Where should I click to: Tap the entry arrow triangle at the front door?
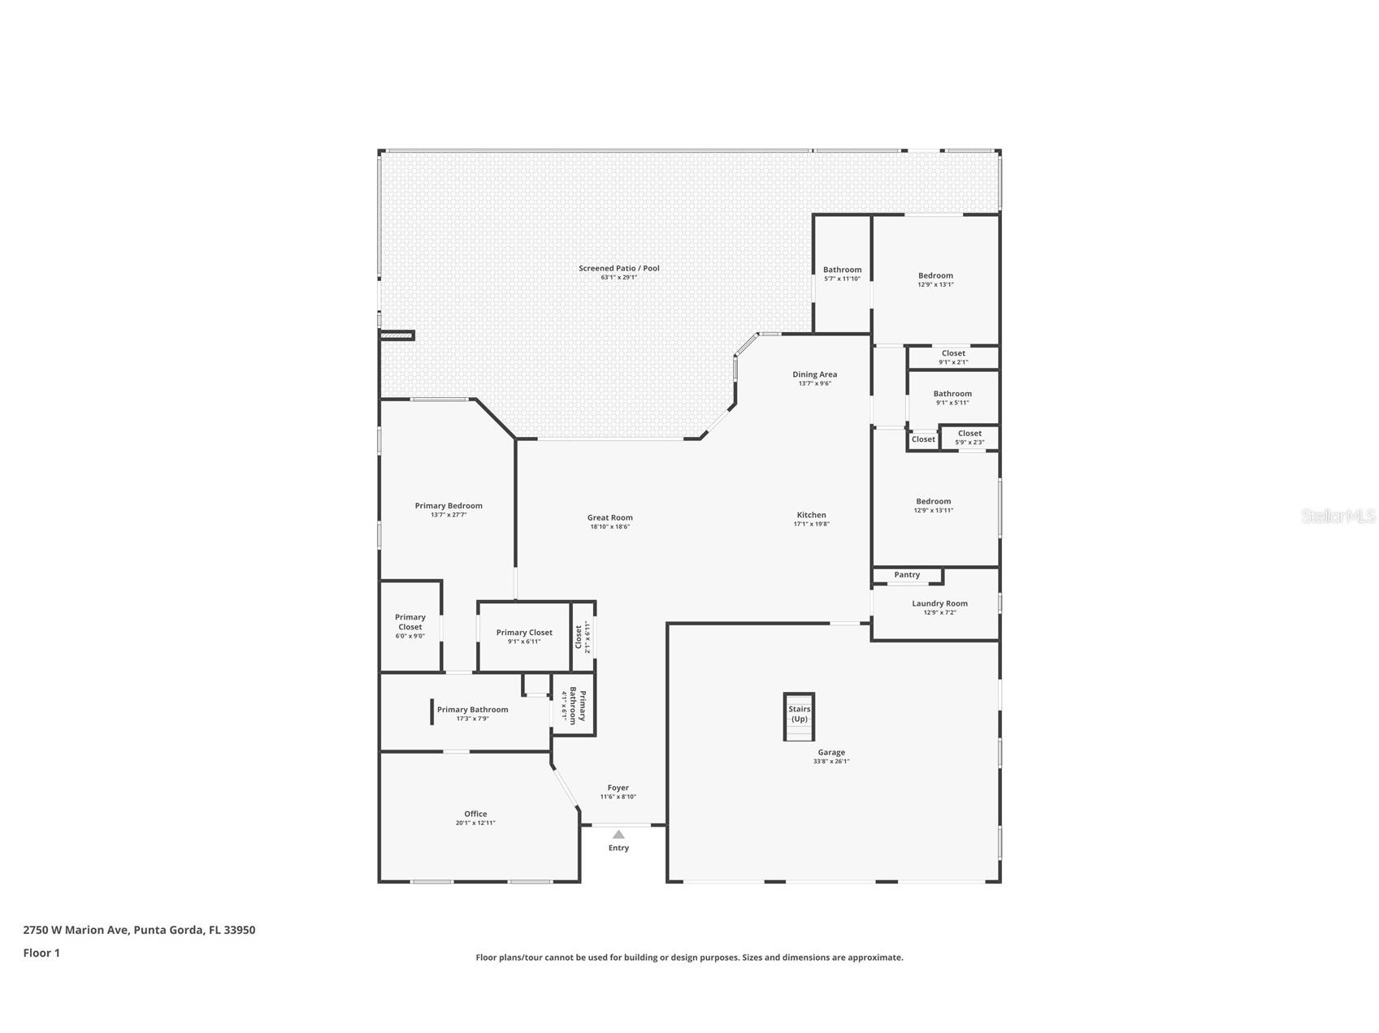[x=618, y=834]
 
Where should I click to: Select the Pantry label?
[x=907, y=575]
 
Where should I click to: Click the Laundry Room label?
[x=939, y=603]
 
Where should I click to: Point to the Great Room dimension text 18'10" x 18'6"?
[x=610, y=527]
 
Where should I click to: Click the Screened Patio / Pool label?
[x=619, y=268]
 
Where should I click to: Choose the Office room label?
[x=475, y=814]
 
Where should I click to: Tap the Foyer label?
[x=618, y=788]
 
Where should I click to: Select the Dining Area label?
[x=814, y=374]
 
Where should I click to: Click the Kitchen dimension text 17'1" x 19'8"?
[x=811, y=525]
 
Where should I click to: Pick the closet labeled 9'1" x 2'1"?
[x=953, y=357]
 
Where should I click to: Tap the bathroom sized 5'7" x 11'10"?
[x=842, y=274]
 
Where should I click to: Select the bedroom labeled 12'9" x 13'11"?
[x=933, y=505]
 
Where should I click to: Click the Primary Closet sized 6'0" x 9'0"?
[x=410, y=625]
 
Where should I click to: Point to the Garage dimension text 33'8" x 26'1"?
[x=831, y=762]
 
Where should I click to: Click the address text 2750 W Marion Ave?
[x=76, y=930]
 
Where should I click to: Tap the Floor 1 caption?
[x=41, y=953]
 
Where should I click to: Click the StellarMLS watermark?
[x=1338, y=516]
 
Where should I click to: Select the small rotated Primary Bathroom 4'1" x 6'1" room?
[x=575, y=705]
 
